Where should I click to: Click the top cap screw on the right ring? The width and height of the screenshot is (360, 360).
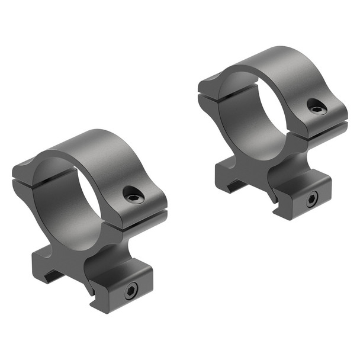pos(317,107)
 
